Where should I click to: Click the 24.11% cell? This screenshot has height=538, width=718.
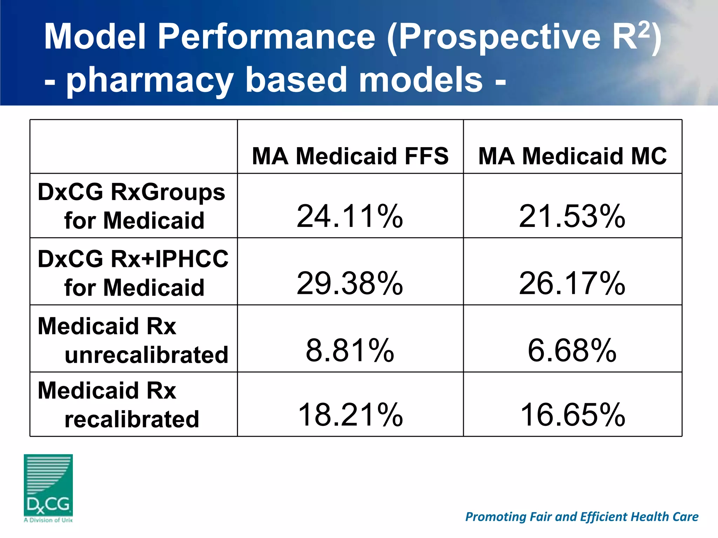(x=350, y=216)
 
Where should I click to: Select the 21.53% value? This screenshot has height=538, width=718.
(x=572, y=216)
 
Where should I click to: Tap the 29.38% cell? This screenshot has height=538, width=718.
(x=350, y=283)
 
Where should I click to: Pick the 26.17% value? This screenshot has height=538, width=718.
(x=572, y=283)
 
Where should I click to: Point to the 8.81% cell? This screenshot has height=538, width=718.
(x=350, y=350)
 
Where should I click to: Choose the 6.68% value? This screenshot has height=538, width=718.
(x=572, y=350)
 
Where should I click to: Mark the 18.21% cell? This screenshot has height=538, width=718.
(x=350, y=414)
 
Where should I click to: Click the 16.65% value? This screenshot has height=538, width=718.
(x=572, y=414)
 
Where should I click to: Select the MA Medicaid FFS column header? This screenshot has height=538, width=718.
(x=350, y=156)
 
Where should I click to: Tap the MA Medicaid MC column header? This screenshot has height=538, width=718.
(x=572, y=156)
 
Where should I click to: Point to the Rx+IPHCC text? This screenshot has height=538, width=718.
(x=169, y=259)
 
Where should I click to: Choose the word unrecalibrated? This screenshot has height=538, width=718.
(x=147, y=355)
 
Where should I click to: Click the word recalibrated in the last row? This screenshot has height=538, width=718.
(x=132, y=419)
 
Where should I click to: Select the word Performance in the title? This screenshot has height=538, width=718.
(x=266, y=36)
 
